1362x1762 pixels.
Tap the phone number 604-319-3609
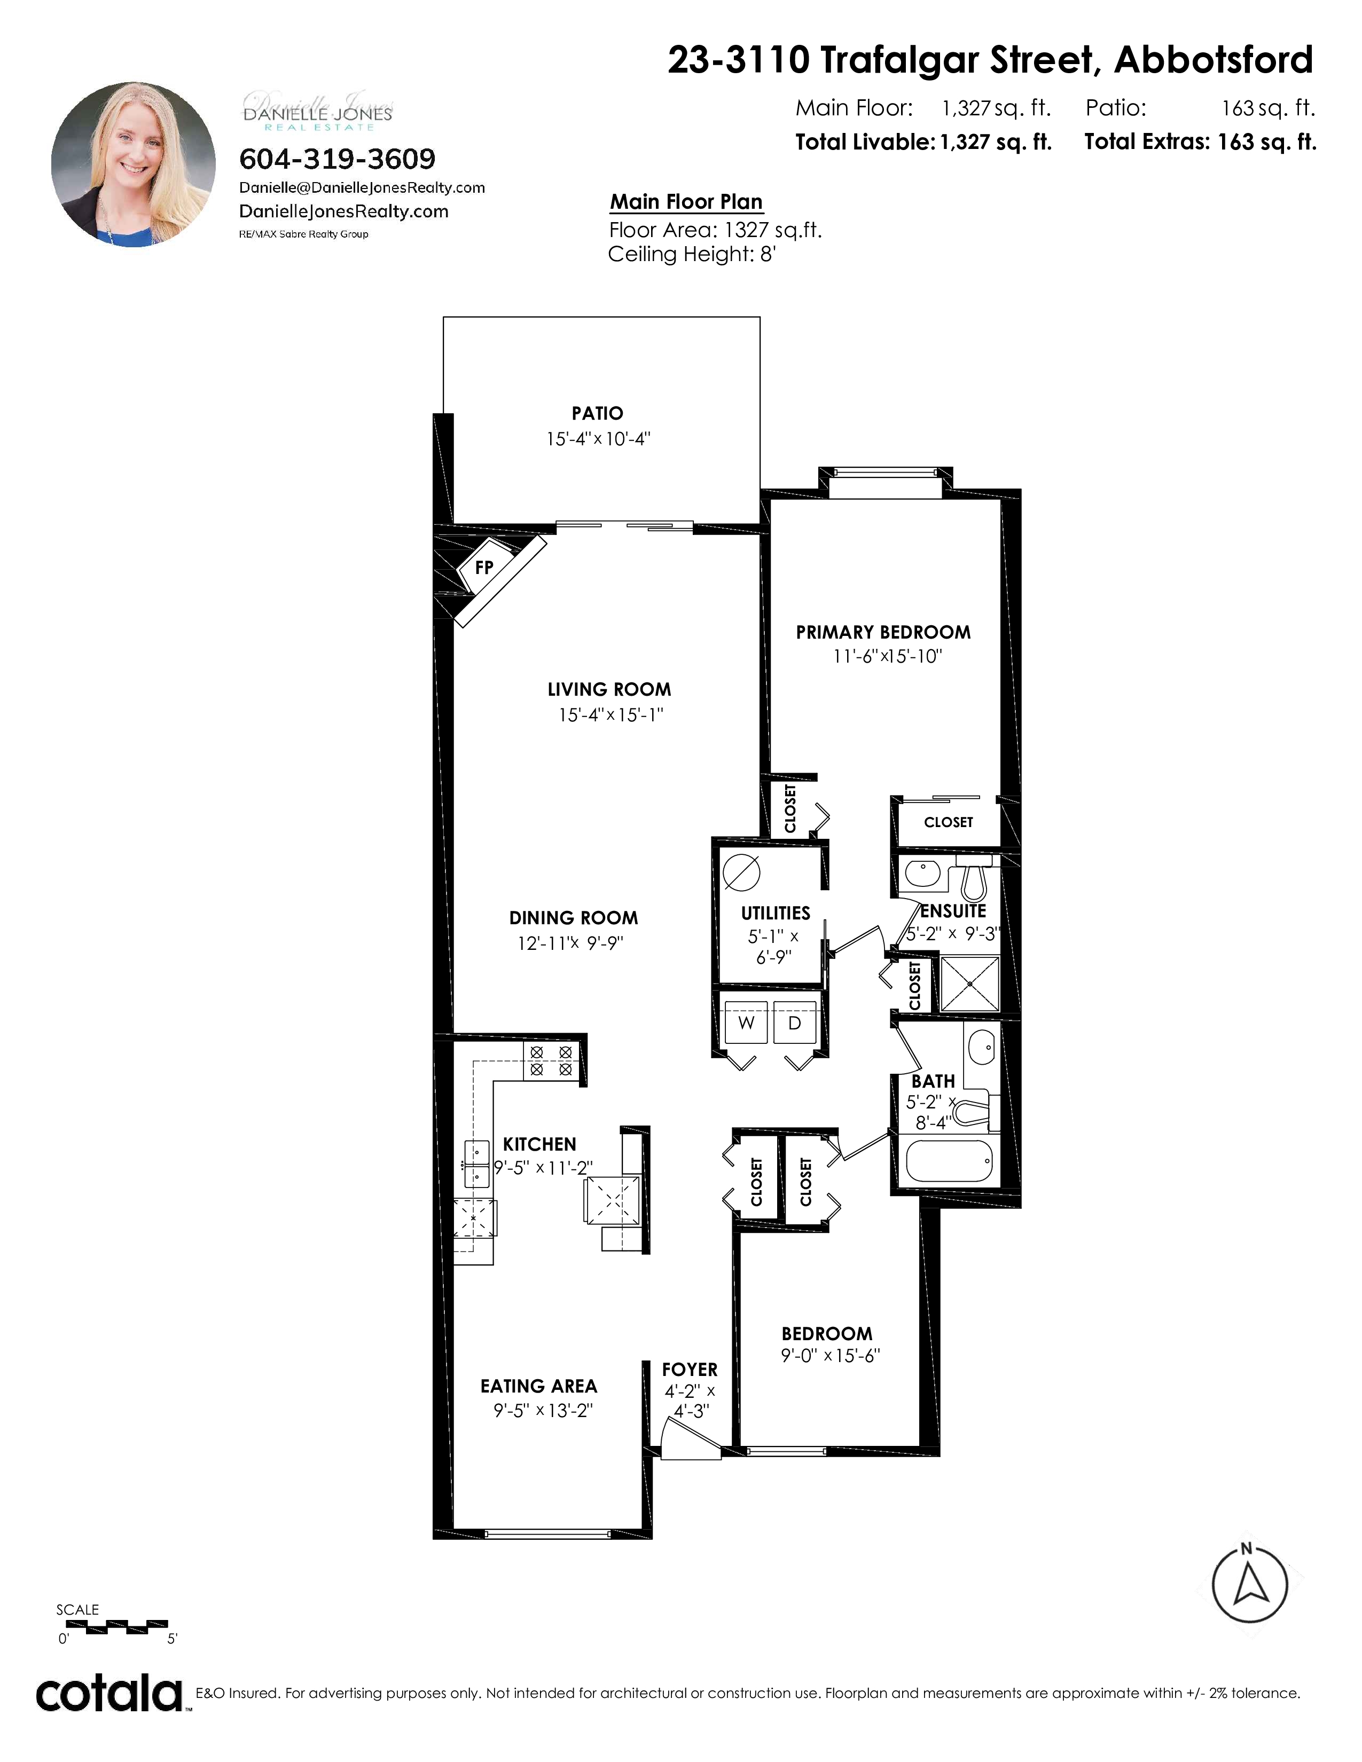(337, 159)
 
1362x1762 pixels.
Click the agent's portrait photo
(133, 164)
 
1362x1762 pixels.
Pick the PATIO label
(597, 413)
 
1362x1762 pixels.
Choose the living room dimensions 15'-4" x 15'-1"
(611, 715)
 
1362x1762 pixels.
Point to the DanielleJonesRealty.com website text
(344, 211)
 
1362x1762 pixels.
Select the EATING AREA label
(539, 1386)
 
